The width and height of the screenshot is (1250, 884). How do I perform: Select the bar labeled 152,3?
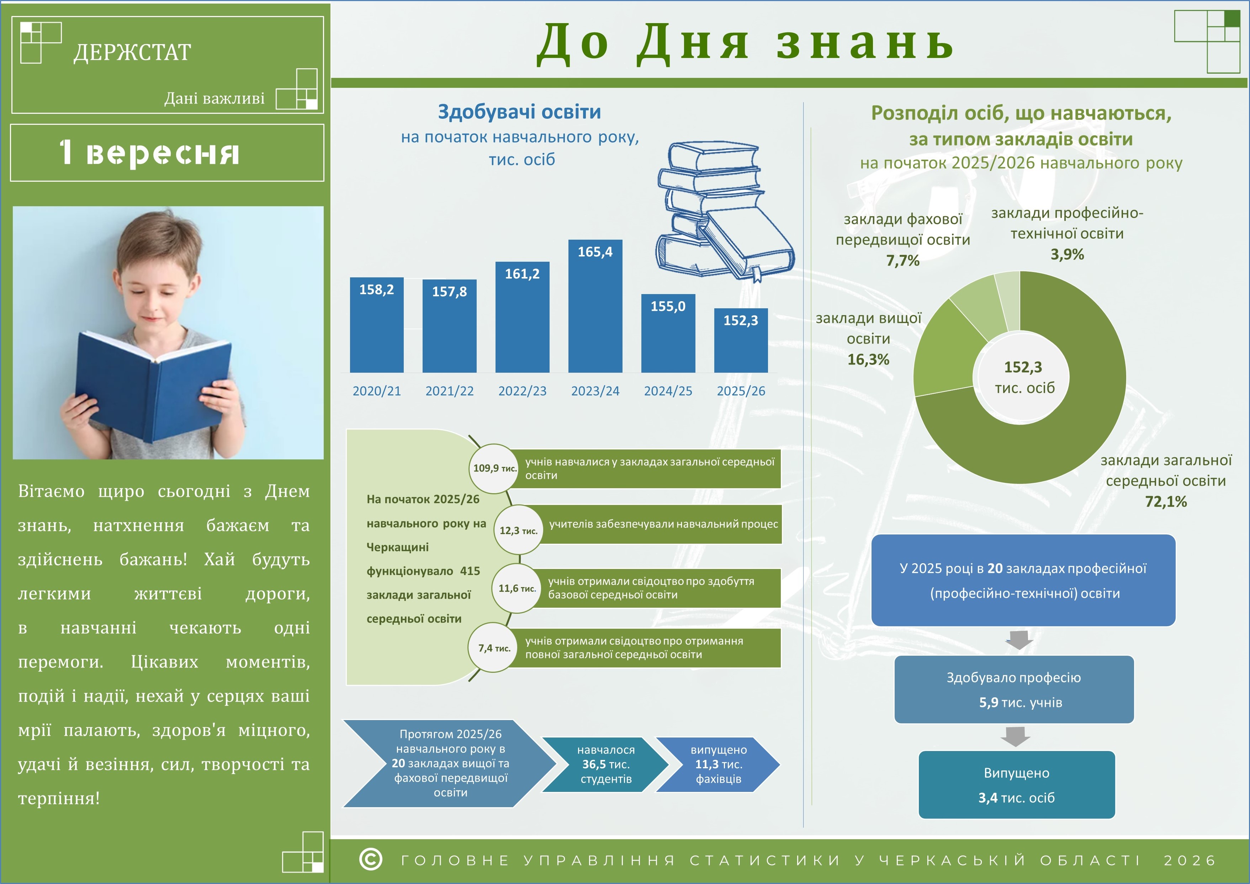click(x=741, y=341)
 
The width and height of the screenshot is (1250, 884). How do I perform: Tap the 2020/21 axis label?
click(x=377, y=391)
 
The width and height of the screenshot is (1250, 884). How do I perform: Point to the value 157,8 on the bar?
click(x=449, y=292)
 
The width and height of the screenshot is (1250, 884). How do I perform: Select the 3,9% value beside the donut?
click(x=1067, y=254)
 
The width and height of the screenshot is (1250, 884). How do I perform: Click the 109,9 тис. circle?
click(x=493, y=468)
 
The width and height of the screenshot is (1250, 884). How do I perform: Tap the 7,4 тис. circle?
click(x=493, y=648)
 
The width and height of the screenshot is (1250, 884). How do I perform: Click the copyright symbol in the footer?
click(x=371, y=859)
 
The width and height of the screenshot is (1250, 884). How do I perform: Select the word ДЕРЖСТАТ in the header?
click(x=132, y=52)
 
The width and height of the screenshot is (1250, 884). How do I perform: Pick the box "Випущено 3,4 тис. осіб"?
click(x=1016, y=785)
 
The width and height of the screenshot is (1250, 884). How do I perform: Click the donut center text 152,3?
click(x=1023, y=367)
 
